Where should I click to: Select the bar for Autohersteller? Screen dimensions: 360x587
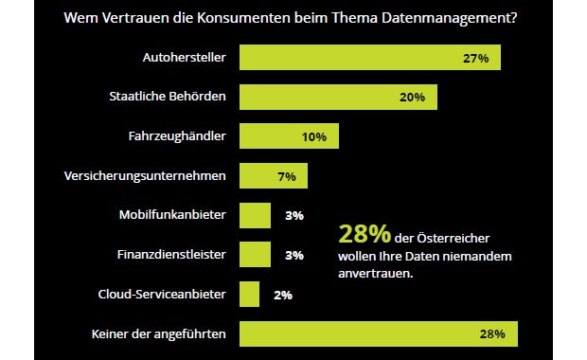point(369,58)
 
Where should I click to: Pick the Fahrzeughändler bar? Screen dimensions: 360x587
point(289,136)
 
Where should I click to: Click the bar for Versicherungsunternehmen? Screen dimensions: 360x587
point(273,176)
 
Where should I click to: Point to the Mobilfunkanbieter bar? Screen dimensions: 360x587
point(255,215)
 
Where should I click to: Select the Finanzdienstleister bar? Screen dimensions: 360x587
point(255,255)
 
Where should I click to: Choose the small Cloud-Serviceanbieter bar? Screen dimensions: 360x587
point(249,295)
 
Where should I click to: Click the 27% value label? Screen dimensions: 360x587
point(475,58)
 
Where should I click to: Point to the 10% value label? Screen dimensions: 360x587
point(314,136)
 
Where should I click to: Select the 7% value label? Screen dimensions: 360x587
point(286,176)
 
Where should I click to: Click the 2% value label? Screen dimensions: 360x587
point(282,295)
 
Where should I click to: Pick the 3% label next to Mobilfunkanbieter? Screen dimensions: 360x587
point(293,215)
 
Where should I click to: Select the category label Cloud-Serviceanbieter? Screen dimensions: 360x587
point(162,295)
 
